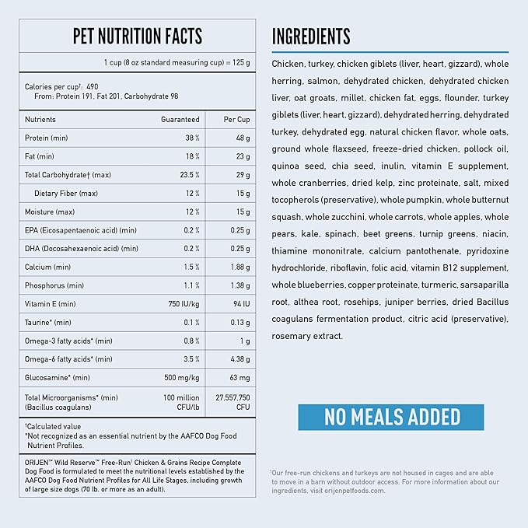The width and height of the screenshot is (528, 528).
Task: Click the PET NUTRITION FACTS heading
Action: click(x=138, y=36)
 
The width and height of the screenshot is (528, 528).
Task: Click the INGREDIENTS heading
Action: click(x=311, y=36)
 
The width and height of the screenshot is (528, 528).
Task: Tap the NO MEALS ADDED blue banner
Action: click(x=393, y=416)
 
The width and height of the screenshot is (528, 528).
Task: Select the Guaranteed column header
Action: click(x=180, y=120)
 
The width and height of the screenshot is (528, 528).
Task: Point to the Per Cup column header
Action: click(x=236, y=120)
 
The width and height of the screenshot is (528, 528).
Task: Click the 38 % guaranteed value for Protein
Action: click(x=192, y=138)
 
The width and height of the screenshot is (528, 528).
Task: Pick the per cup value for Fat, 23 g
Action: click(x=241, y=156)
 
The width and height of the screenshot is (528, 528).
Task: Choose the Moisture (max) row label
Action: click(x=50, y=212)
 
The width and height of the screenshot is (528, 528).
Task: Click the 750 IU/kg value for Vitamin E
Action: click(x=183, y=304)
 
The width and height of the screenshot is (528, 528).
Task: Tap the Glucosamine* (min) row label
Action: click(x=58, y=378)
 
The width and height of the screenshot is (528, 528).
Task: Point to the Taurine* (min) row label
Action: click(x=48, y=322)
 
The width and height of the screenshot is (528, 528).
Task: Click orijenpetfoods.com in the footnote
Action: click(x=346, y=495)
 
